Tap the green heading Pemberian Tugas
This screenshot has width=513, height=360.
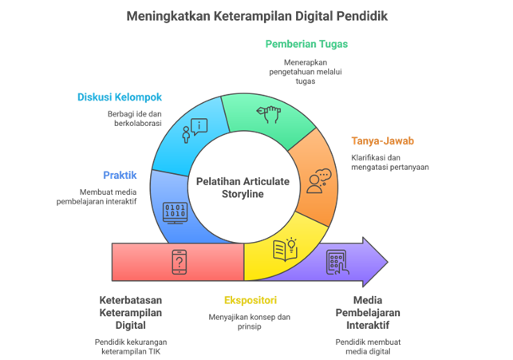(307, 44)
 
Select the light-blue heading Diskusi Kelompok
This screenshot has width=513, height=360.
(120, 97)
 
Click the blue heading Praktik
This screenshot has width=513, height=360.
(120, 175)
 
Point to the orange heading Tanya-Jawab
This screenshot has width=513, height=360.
(383, 140)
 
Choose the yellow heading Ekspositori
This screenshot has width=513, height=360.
(250, 300)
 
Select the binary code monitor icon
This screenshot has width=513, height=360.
(176, 212)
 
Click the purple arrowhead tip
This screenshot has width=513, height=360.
(387, 261)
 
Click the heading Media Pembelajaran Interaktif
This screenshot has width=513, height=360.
(368, 311)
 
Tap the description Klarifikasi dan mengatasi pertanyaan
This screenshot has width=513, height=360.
(389, 162)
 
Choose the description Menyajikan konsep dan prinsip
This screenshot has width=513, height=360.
(250, 320)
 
